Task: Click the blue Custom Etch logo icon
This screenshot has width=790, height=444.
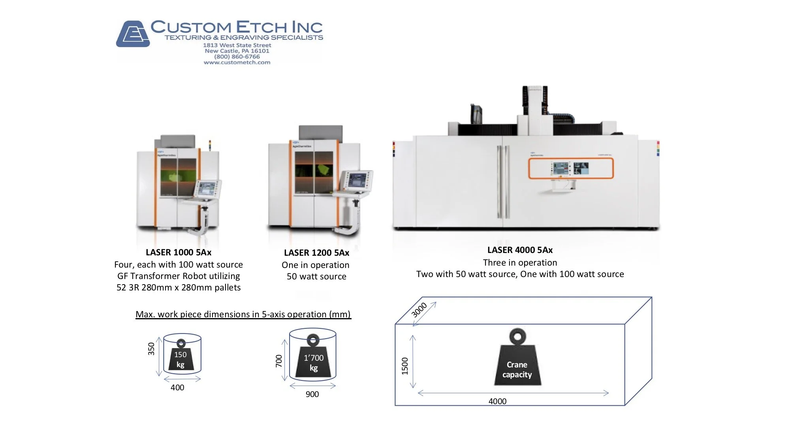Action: (133, 34)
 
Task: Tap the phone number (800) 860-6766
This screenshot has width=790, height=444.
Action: (237, 56)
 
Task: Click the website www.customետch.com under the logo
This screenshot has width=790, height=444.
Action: (237, 62)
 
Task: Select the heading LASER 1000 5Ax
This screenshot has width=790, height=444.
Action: (179, 252)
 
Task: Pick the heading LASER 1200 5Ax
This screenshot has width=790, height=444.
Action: (316, 253)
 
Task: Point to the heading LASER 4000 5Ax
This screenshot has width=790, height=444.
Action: (520, 250)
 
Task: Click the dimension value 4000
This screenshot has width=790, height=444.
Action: (497, 401)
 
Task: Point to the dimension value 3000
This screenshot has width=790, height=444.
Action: (419, 310)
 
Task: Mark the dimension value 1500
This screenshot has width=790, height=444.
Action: (405, 366)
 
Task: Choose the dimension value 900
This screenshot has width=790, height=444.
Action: (312, 394)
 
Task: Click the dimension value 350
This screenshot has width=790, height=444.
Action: (151, 349)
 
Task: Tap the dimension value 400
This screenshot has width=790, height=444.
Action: (177, 388)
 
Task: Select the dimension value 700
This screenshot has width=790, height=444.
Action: (279, 361)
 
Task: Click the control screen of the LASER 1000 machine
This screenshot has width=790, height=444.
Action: (207, 189)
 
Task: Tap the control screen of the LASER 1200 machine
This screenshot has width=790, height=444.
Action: (357, 180)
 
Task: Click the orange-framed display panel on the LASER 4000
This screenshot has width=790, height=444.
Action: (571, 169)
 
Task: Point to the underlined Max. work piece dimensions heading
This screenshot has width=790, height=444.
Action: (243, 314)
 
